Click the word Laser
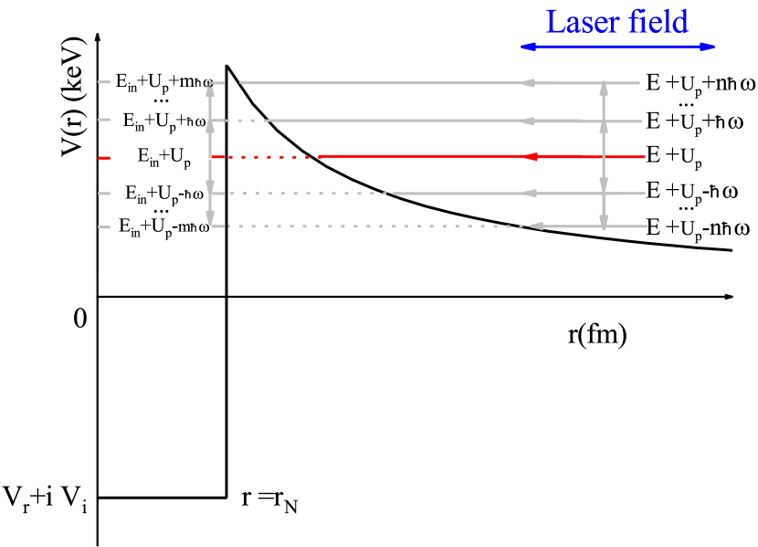pyautogui.click(x=582, y=22)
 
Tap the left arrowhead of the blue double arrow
pyautogui.click(x=527, y=47)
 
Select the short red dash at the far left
pyautogui.click(x=104, y=158)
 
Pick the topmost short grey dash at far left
pyautogui.click(x=104, y=82)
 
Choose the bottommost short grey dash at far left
pyautogui.click(x=104, y=227)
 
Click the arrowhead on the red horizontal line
pyautogui.click(x=531, y=157)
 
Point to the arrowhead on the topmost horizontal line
pyautogui.click(x=528, y=83)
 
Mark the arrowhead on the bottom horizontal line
pyautogui.click(x=536, y=226)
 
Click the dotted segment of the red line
pyautogui.click(x=265, y=157)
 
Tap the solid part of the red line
pyautogui.click(x=420, y=157)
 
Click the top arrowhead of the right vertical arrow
pyautogui.click(x=604, y=89)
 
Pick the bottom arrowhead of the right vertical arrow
pyautogui.click(x=604, y=221)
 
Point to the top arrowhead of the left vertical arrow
pyautogui.click(x=210, y=89)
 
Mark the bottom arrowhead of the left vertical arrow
pyautogui.click(x=210, y=219)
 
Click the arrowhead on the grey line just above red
pyautogui.click(x=526, y=121)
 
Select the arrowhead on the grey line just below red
pyautogui.click(x=530, y=194)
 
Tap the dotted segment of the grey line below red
pyautogui.click(x=301, y=194)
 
